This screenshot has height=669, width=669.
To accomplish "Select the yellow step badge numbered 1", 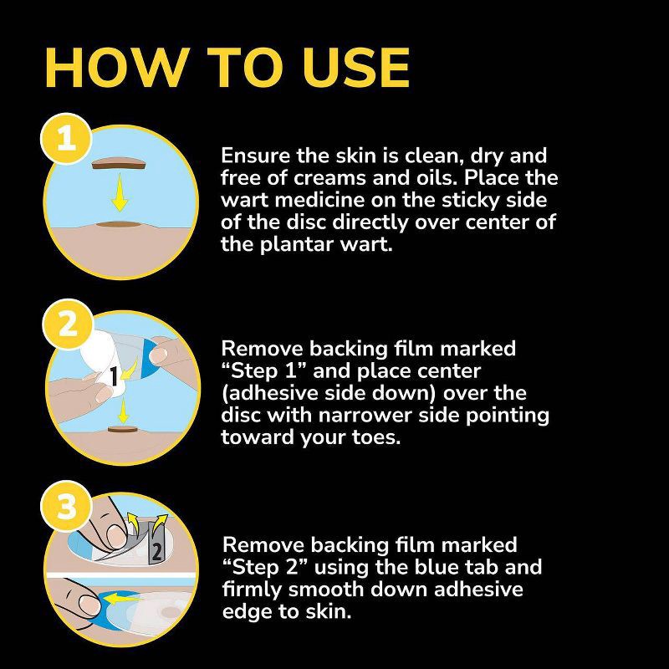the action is click(67, 139).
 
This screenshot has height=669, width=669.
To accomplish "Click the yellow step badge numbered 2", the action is click(68, 324).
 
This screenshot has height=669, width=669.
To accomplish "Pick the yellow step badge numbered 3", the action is click(67, 507).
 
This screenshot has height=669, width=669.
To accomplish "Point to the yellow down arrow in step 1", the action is click(120, 193).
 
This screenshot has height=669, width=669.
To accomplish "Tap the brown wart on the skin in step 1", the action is click(118, 224).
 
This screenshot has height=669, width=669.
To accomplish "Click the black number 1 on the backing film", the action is click(114, 376).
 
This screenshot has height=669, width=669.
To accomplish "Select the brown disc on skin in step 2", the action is click(122, 429).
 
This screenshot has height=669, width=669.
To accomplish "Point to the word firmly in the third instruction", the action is click(252, 590).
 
